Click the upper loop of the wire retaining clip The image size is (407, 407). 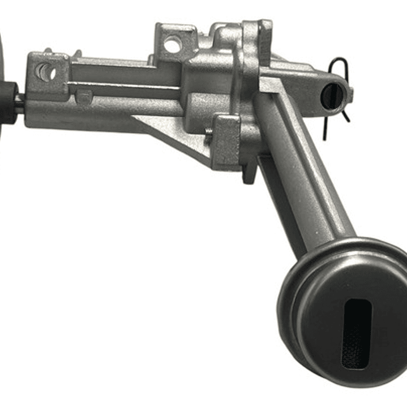(339, 63)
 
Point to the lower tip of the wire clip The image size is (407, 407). (324, 137)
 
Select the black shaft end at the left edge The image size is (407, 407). (8, 101)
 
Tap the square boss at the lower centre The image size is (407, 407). (226, 141)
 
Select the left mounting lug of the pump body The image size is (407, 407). (48, 76)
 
